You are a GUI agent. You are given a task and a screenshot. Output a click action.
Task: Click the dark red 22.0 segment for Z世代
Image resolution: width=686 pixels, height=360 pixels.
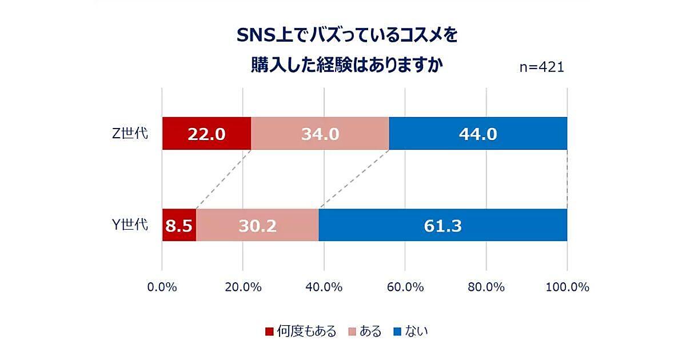206,134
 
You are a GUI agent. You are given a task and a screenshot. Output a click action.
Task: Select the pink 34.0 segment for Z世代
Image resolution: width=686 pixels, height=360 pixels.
320,134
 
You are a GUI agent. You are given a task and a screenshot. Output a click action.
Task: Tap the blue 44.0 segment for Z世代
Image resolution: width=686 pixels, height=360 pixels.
478,134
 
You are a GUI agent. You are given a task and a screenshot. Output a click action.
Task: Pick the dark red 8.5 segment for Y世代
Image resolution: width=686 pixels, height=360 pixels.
179,225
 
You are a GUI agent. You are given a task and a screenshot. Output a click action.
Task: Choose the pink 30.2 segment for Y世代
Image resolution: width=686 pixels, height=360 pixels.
257,225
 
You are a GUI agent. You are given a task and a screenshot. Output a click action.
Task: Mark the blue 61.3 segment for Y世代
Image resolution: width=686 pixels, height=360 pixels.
443,225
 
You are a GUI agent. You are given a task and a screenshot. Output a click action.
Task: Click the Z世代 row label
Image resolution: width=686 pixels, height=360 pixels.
130,134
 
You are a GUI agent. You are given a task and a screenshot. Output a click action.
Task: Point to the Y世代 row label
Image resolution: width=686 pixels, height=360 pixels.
130,225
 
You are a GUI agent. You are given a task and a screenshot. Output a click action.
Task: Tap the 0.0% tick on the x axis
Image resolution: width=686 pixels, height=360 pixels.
162,287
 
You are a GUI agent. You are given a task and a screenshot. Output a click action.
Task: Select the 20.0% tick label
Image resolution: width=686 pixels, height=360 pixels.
243,287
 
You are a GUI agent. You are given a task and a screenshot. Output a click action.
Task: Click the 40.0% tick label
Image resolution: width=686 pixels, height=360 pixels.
324,287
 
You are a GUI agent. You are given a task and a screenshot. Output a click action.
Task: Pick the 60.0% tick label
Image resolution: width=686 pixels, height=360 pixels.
405,287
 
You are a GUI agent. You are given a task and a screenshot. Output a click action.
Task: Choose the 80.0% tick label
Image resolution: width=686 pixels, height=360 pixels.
486,287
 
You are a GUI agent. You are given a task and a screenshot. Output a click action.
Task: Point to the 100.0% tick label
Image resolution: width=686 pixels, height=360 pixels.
567,287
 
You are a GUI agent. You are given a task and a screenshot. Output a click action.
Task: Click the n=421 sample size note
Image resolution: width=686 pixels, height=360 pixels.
541,67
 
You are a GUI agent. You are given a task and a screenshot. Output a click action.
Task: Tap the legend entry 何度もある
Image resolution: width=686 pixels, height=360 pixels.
306,331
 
